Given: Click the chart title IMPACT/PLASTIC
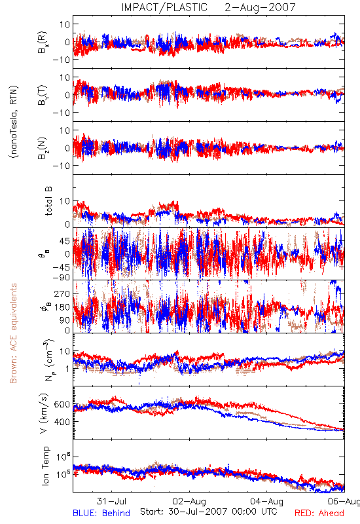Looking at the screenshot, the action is (164, 7).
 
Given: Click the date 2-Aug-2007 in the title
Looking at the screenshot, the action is (260, 7).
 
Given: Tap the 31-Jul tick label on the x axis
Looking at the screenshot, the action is (111, 501).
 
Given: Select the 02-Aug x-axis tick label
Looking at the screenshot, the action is (189, 501).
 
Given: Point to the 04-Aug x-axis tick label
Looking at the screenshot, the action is (267, 501).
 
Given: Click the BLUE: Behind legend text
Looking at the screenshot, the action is (101, 513).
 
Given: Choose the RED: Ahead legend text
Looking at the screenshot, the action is (319, 513).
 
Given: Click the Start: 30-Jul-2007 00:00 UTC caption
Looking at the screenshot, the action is (209, 512).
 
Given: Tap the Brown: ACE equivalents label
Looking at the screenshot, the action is (13, 333).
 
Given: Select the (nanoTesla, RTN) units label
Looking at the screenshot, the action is (14, 122).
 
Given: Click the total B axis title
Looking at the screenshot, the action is (48, 201).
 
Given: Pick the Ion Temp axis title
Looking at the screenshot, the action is (45, 466).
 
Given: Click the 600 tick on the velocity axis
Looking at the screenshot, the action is (62, 404).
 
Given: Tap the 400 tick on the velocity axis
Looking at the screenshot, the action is (62, 422).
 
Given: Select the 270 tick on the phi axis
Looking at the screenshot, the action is (62, 293).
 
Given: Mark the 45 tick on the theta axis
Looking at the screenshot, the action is (65, 241).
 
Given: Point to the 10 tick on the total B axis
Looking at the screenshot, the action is (65, 201).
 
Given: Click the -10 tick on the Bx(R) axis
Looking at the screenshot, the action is (61, 60).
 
